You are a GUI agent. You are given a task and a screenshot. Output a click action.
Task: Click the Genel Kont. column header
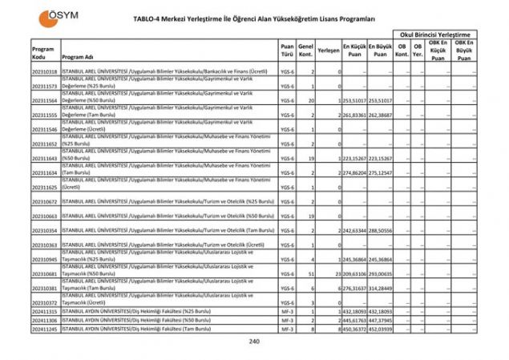click(305, 50)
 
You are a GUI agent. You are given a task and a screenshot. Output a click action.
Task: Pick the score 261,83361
click(354, 115)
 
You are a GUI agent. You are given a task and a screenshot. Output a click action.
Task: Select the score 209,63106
click(354, 273)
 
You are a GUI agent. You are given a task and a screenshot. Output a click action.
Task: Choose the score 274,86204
click(354, 172)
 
